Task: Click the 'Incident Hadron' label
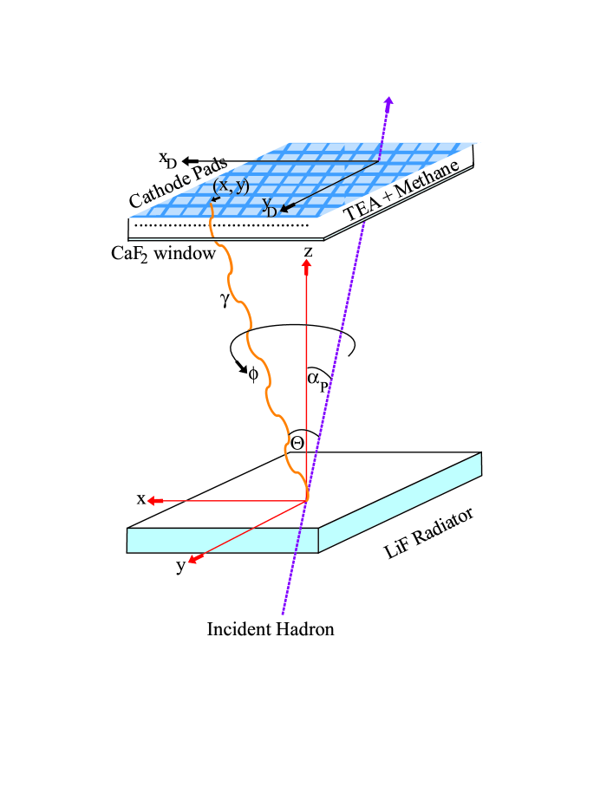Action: point(270,629)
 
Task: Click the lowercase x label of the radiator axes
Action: point(139,499)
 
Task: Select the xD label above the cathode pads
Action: point(167,159)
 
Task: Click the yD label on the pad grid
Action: point(270,206)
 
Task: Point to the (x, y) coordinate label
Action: point(231,185)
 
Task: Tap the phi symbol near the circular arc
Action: point(253,374)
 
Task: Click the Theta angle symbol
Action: point(297,442)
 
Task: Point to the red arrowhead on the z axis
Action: point(306,266)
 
